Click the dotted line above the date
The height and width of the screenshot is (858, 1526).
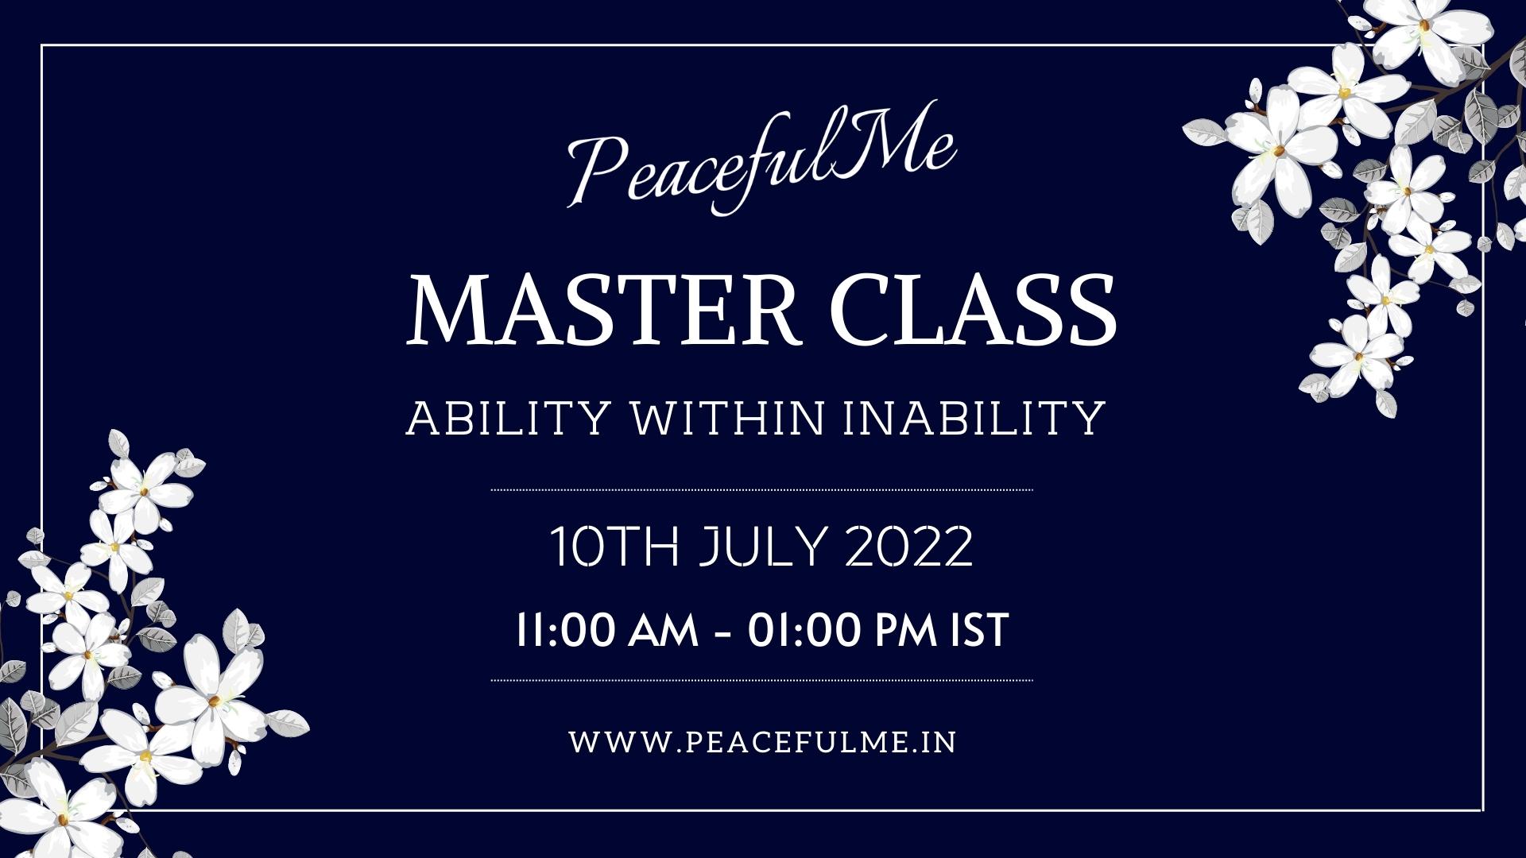pos(762,490)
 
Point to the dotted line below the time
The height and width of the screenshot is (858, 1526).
pos(762,681)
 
